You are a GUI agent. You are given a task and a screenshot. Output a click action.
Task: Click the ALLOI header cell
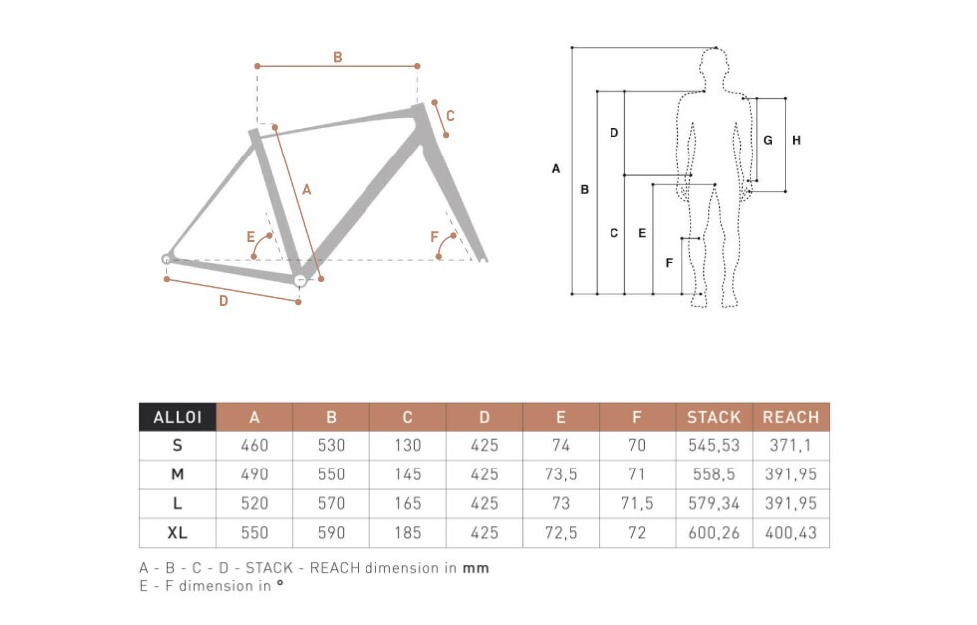177,417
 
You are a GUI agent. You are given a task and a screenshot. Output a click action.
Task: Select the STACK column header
714,417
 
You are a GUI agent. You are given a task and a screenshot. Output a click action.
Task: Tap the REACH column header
791,417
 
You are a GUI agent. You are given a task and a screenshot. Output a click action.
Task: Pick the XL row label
177,533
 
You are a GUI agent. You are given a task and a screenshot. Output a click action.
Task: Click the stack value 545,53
714,446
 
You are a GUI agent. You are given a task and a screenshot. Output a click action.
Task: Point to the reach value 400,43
791,533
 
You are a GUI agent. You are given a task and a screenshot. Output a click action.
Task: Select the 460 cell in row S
254,446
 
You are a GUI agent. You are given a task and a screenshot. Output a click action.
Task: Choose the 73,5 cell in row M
561,474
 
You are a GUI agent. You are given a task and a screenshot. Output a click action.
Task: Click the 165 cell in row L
407,504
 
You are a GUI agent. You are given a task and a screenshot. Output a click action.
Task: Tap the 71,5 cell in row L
637,504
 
